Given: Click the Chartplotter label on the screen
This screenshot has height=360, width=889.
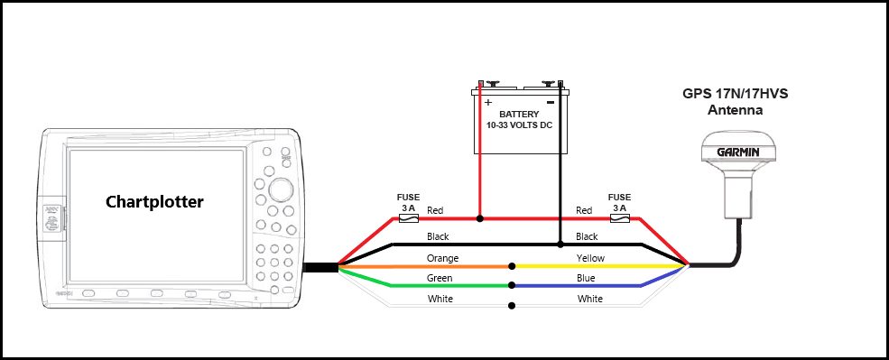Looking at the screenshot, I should pos(154,201).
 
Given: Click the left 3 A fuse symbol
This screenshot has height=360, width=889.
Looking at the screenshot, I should pos(409,218).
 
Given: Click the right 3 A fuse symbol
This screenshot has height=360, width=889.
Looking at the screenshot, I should pos(618,218).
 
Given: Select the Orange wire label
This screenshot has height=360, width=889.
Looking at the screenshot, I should pos(442,259).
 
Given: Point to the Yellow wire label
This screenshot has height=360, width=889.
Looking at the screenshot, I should pos(591,259).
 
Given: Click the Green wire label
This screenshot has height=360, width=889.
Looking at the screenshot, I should pos(440,279).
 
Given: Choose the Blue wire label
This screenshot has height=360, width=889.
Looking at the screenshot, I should pos(587,279).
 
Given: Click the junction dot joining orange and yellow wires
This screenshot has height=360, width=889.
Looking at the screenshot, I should pos(513,266).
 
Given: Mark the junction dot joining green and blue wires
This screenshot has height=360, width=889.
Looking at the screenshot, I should pos(513,286).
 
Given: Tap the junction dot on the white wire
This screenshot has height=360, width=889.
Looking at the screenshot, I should pos(513,306).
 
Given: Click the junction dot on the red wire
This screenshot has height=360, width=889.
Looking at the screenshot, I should pos(480,218).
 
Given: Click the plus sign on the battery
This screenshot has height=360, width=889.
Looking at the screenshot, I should pos(488,103).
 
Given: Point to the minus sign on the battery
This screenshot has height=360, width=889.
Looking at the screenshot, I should pos(550,103).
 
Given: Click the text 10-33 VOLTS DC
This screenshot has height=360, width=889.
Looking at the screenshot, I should pos(519,126).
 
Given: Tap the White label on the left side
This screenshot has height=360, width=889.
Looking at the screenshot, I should pos(440,299).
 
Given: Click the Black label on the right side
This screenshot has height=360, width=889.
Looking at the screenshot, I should pos(588,236).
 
